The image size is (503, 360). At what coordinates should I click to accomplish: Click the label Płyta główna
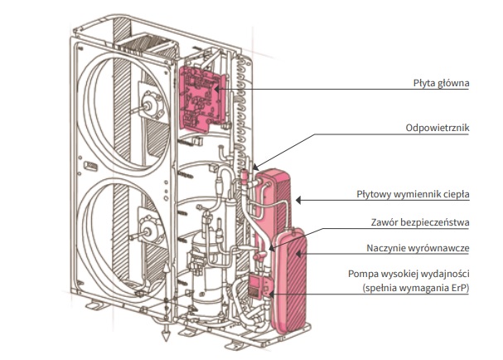pos(441,83)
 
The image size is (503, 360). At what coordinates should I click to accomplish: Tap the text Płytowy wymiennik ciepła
pos(420,195)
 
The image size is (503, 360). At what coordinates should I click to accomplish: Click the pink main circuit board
pos(201,99)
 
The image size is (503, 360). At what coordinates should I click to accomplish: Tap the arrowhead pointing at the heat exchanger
pos(299,198)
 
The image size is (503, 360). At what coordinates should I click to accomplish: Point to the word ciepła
pos(456,195)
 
